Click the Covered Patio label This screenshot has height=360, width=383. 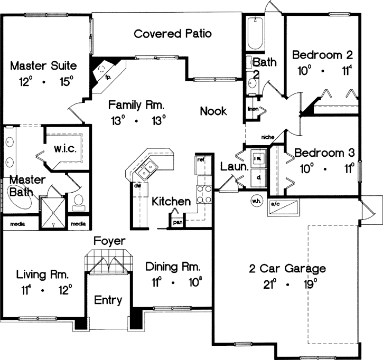tap(173, 34)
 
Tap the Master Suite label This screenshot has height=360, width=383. tap(44, 66)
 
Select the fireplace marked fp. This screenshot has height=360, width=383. tap(102, 71)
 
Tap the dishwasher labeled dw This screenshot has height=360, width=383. tap(137, 186)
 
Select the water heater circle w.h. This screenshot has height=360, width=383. tap(256, 200)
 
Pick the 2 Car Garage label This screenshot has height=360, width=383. tap(287, 269)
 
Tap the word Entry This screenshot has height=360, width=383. tap(108, 300)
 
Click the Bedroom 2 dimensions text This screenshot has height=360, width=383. tap(323, 70)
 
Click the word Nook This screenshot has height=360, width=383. tap(213, 111)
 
